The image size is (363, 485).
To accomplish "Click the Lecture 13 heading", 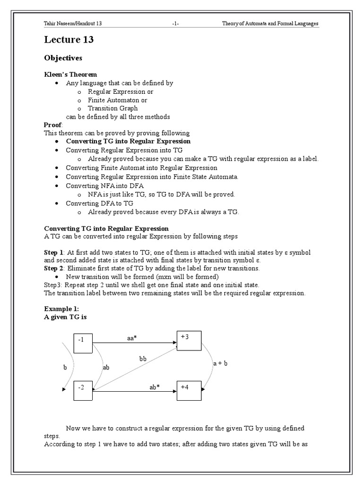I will (x=69, y=40).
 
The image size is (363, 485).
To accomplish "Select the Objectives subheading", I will (x=63, y=58).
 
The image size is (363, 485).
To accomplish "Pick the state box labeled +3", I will (x=189, y=341).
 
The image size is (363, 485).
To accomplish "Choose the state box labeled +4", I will (x=189, y=390).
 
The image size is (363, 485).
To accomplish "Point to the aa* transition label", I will (x=133, y=338).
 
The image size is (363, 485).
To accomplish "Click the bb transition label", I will (x=143, y=359).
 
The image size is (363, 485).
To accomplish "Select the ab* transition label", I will (x=155, y=387).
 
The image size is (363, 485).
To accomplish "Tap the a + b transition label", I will (x=221, y=364).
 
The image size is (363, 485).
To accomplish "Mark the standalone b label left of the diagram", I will (x=65, y=367).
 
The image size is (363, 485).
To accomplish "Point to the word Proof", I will (x=53, y=125).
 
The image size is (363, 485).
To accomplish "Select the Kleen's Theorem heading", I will (x=70, y=74).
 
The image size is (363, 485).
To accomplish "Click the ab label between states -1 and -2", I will (x=106, y=367).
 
